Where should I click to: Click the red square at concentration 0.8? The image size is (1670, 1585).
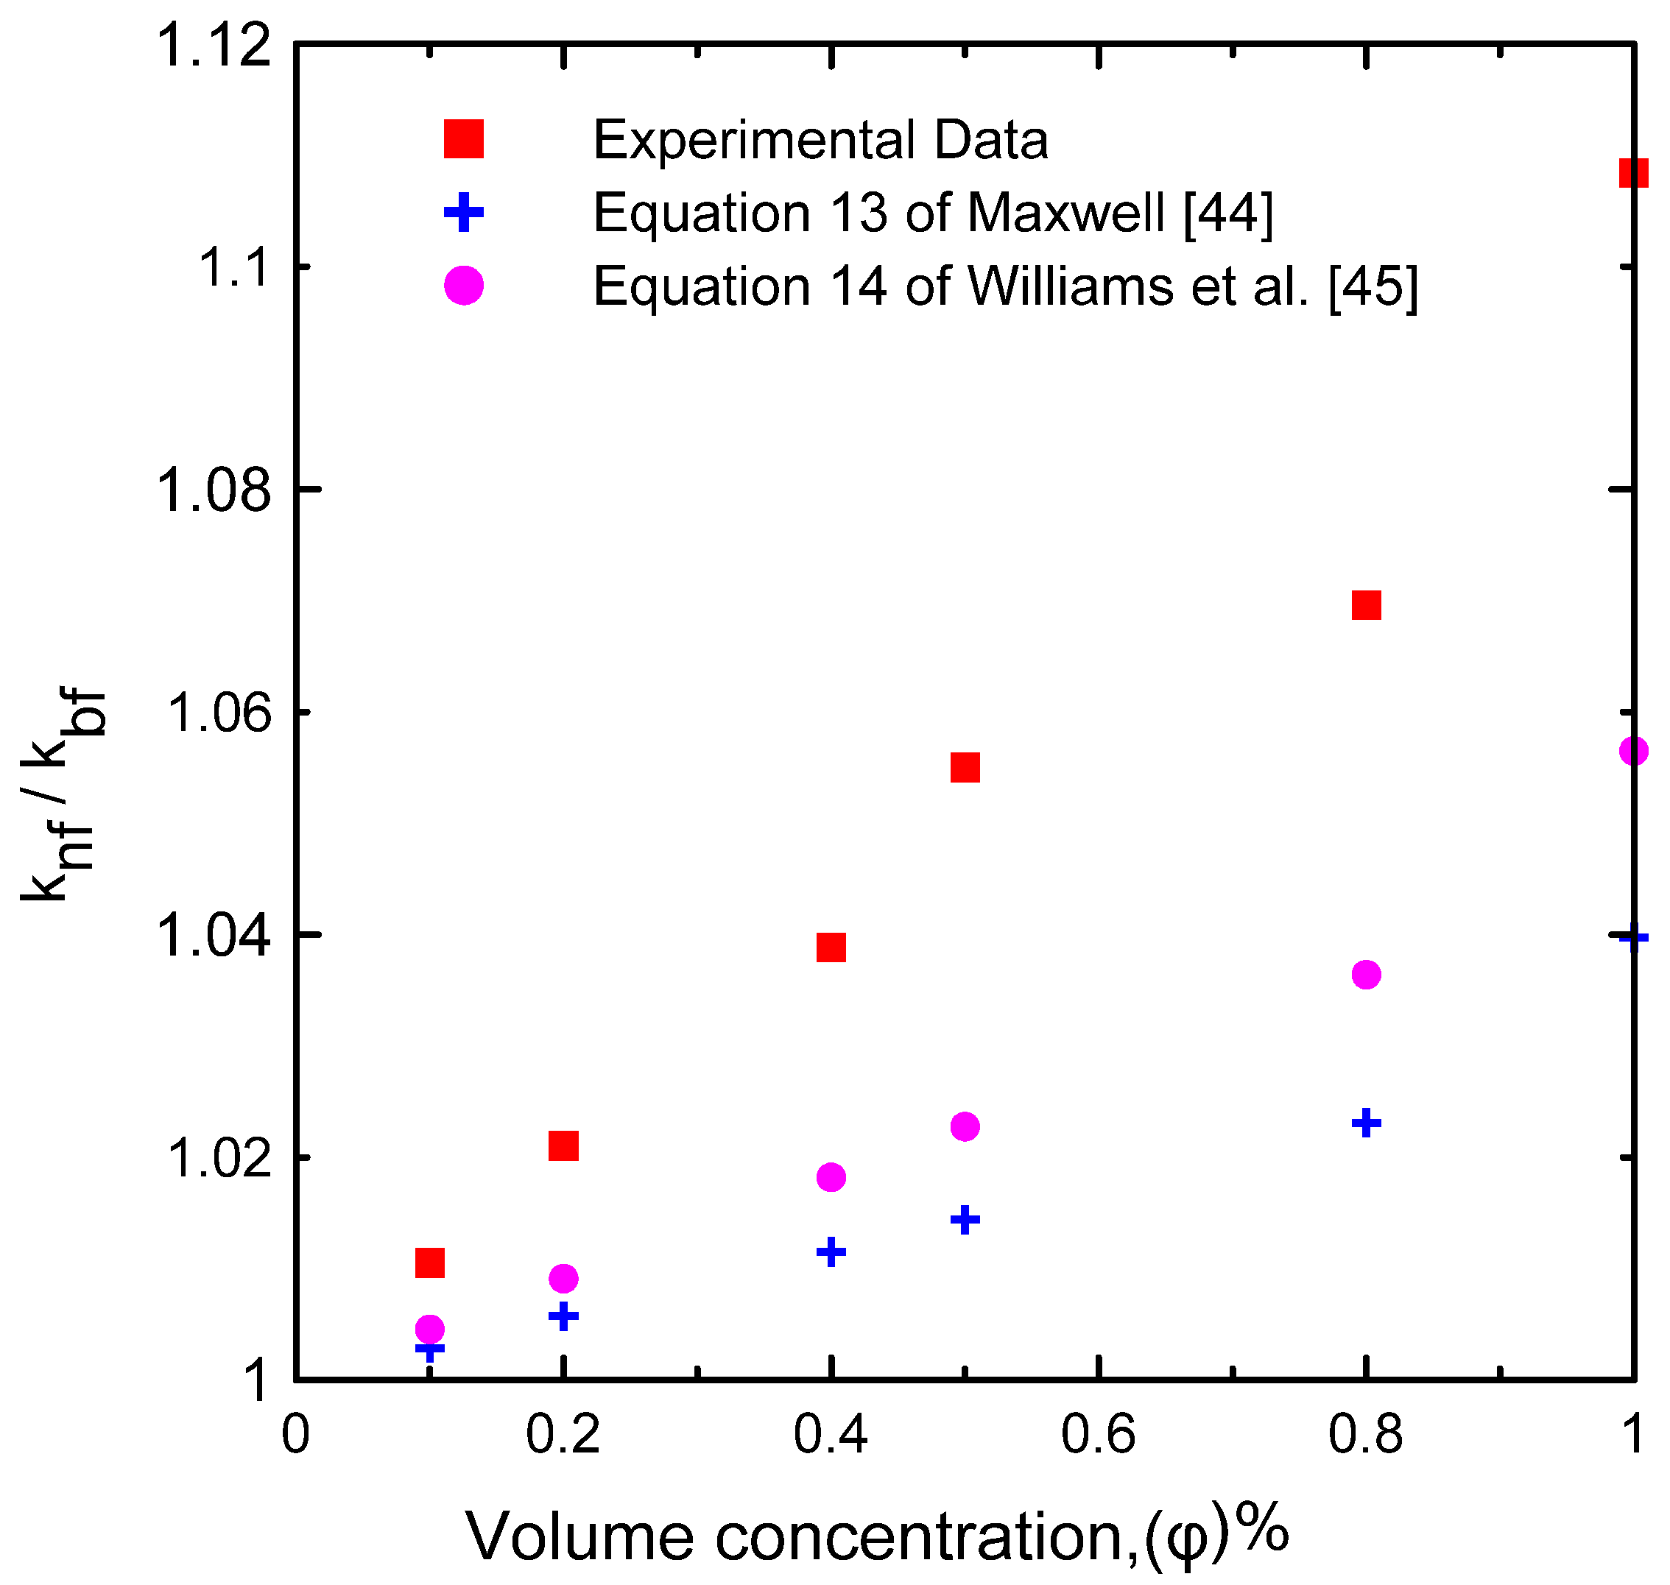[1366, 605]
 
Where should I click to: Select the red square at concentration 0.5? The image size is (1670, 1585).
[965, 767]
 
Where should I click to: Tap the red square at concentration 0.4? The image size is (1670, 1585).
[831, 947]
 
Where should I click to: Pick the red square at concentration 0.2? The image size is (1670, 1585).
[563, 1145]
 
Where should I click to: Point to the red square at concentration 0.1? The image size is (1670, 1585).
[429, 1263]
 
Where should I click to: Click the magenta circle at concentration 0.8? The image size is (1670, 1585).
[1366, 974]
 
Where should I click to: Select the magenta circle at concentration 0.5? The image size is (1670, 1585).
[965, 1126]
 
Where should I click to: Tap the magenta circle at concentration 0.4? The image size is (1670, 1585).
[831, 1177]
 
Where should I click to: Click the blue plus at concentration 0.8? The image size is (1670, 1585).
[1366, 1123]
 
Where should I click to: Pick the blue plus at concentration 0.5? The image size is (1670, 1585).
[965, 1219]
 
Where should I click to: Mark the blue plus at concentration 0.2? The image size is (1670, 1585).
[563, 1316]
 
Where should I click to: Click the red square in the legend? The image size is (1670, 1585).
[463, 138]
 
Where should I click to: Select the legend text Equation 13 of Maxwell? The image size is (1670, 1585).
[932, 212]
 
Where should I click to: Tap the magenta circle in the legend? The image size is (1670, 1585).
[463, 286]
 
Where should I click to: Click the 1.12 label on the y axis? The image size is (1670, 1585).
[215, 44]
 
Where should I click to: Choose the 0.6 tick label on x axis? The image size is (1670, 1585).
[1097, 1434]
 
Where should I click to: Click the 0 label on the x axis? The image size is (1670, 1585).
[295, 1434]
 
